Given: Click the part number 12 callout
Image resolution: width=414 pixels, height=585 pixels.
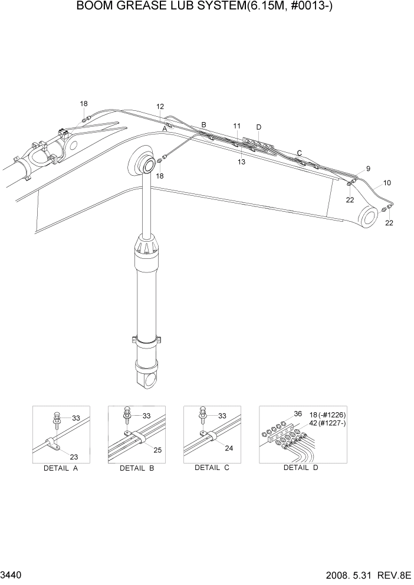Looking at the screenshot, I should click(160, 107).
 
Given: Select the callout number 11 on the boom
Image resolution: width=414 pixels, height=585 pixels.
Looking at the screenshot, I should click(236, 126).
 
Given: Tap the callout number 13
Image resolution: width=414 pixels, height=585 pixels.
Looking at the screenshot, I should click(241, 162).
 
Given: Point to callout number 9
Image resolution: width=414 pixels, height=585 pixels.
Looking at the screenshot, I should click(368, 169).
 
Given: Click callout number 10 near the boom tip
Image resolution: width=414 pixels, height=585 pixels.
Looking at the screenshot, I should click(387, 183).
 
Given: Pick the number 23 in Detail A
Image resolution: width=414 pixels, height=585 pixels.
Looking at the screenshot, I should click(74, 456).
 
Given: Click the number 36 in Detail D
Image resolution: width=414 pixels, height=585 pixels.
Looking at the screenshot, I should click(298, 414).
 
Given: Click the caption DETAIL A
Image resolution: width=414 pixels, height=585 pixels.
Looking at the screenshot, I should click(61, 469).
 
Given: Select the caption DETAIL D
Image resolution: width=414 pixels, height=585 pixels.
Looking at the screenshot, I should click(301, 468).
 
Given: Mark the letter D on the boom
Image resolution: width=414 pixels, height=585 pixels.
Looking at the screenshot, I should click(258, 127).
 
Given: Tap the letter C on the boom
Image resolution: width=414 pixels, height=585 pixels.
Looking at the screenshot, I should click(299, 153).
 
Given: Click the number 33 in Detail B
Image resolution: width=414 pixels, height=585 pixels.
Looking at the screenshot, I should click(146, 416).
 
